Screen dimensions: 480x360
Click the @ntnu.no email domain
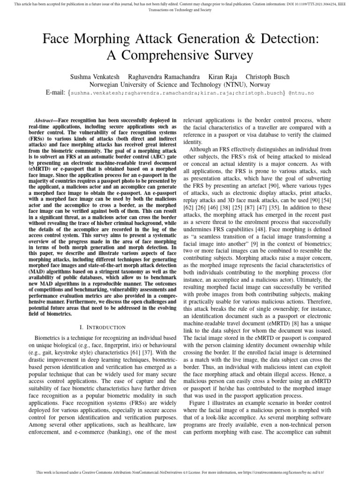tap(300, 93)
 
